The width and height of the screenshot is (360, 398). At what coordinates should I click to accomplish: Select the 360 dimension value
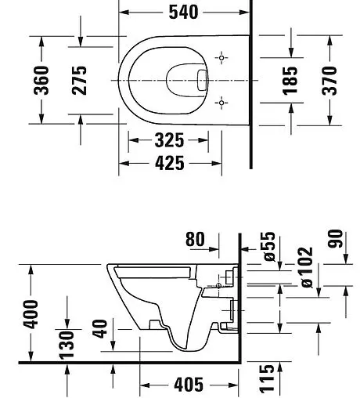click(x=42, y=80)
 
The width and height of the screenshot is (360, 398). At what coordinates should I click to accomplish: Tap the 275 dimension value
click(x=80, y=80)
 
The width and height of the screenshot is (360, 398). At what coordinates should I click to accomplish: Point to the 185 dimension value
click(x=290, y=80)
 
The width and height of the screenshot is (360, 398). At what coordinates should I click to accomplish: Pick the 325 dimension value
click(x=168, y=141)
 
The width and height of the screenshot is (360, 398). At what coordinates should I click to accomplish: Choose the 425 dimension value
click(x=168, y=163)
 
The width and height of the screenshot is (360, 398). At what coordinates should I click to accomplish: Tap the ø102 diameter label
click(x=305, y=268)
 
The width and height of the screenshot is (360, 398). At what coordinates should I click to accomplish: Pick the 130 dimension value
click(x=68, y=342)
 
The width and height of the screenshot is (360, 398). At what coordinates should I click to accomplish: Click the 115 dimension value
click(x=268, y=378)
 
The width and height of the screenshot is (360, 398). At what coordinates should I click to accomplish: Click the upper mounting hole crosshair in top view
click(x=222, y=59)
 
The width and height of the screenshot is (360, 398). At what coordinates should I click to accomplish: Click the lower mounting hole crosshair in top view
click(x=222, y=102)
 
